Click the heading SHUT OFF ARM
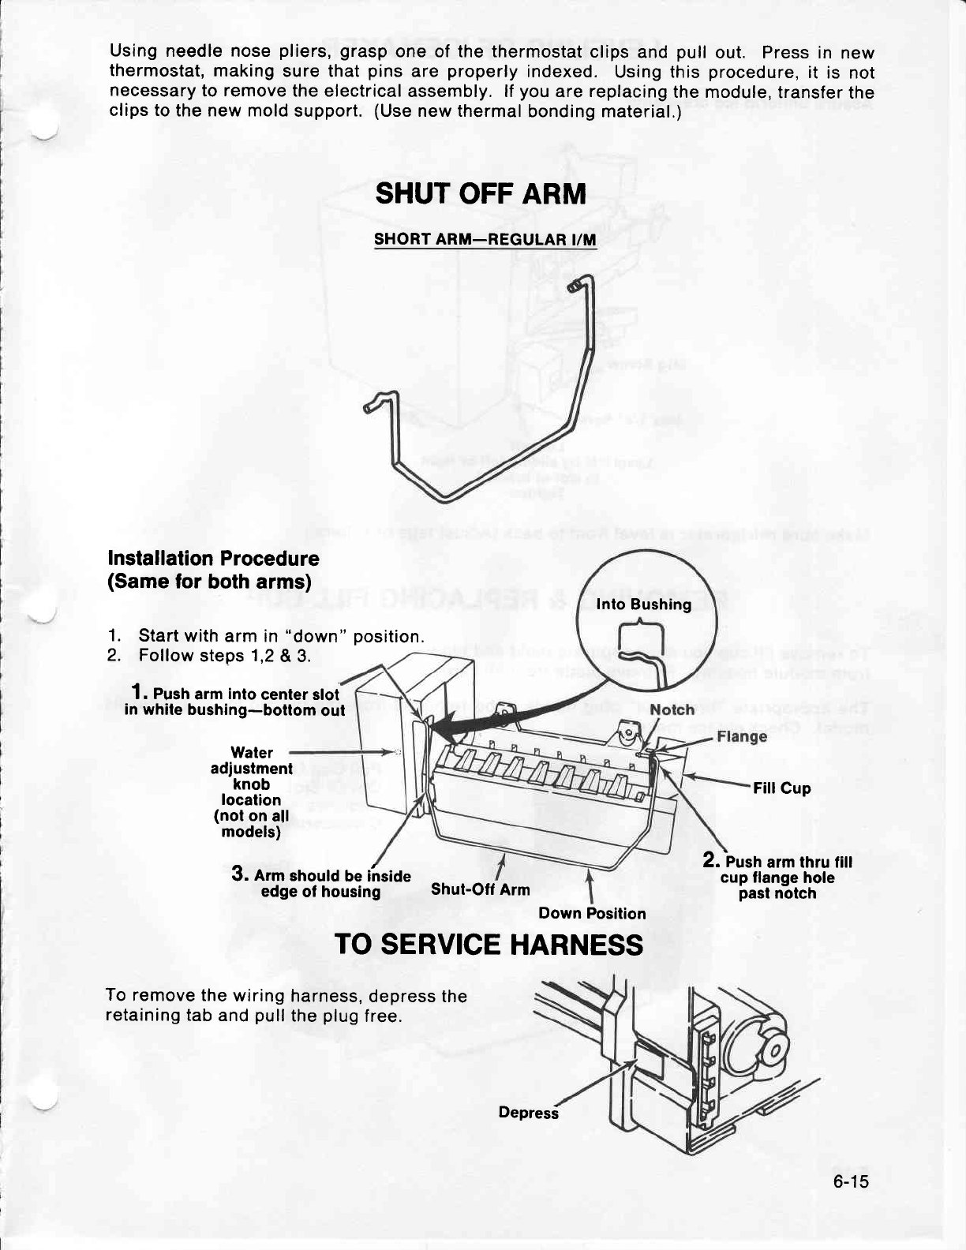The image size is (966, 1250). point(481,193)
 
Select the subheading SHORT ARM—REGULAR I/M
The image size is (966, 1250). point(485,239)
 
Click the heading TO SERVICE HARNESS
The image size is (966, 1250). point(489,944)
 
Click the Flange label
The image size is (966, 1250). point(742,737)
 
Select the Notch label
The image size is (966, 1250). point(672,709)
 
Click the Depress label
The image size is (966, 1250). point(528,1113)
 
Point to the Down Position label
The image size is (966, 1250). point(592,913)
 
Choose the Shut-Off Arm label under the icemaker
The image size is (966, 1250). point(481,890)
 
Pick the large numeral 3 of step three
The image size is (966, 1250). point(240,874)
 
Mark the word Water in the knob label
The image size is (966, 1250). point(252,753)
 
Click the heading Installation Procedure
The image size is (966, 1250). point(213,559)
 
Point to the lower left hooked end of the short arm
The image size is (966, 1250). point(373,404)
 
